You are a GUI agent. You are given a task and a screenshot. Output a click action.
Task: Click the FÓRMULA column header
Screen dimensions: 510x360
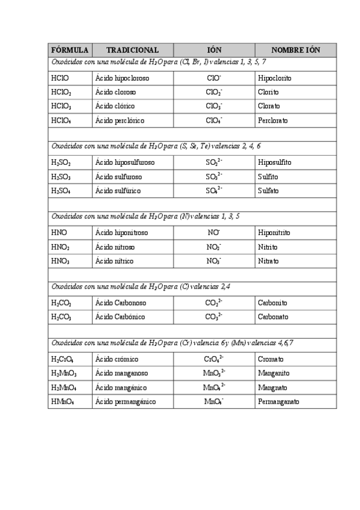click(x=70, y=51)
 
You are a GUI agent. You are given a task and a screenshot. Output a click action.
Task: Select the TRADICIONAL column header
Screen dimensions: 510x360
click(x=132, y=51)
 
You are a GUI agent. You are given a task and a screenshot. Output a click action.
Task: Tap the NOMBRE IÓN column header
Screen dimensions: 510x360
click(x=295, y=51)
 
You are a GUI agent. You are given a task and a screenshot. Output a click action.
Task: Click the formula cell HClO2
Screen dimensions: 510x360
click(x=61, y=93)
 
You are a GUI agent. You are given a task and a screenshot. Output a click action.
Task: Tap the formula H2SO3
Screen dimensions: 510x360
click(x=62, y=177)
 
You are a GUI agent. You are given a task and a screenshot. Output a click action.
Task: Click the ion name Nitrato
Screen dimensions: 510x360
click(x=268, y=261)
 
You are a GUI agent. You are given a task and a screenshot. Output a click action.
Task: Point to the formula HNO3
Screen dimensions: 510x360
click(x=61, y=261)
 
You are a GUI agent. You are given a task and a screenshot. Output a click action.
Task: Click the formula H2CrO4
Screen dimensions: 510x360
click(x=64, y=359)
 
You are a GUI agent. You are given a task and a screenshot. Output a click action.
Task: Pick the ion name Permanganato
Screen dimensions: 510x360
click(x=278, y=402)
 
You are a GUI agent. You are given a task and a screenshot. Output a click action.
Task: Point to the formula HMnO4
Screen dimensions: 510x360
click(x=64, y=402)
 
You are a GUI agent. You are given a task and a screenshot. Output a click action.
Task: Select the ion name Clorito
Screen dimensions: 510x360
click(x=268, y=93)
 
